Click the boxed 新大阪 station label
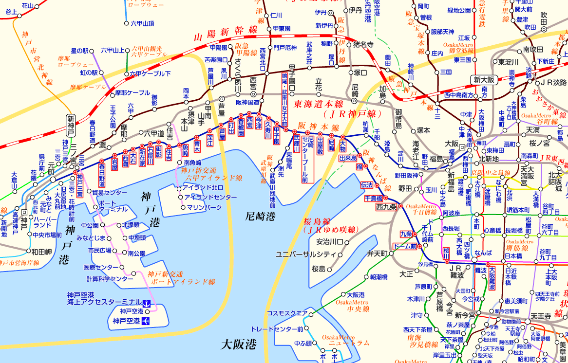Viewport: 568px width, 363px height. click(x=483, y=79)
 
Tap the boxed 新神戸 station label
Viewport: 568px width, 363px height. click(x=71, y=126)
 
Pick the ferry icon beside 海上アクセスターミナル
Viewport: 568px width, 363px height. click(x=146, y=303)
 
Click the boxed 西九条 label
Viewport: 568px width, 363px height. click(x=387, y=207)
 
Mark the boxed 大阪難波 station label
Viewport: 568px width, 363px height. click(x=492, y=279)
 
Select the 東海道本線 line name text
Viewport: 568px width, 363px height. click(x=317, y=104)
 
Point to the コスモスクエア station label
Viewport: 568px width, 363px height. click(x=287, y=313)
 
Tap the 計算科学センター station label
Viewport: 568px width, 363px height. click(x=110, y=279)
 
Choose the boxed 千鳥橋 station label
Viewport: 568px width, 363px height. click(x=374, y=199)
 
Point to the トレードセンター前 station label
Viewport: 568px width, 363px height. click(x=277, y=329)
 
